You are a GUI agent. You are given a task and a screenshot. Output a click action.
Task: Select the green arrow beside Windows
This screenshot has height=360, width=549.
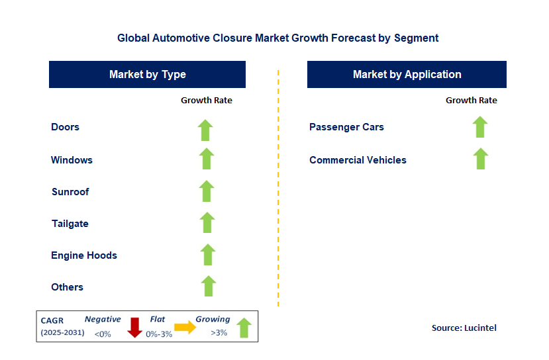click(x=207, y=159)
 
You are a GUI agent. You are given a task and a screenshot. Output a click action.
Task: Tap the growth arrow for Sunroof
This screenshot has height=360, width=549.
click(x=207, y=191)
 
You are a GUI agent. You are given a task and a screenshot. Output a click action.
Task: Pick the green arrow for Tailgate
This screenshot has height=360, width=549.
click(x=207, y=222)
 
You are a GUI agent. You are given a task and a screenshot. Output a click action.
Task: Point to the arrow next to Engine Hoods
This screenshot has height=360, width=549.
click(x=208, y=254)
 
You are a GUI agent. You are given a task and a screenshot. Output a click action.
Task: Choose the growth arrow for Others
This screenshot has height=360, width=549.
click(x=209, y=286)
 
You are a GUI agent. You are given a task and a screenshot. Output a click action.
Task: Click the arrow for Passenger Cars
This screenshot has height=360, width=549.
click(x=480, y=126)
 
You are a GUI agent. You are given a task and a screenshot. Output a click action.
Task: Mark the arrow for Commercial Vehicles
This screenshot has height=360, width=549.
click(x=481, y=159)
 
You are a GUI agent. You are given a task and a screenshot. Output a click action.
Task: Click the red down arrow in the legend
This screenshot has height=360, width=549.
click(x=135, y=328)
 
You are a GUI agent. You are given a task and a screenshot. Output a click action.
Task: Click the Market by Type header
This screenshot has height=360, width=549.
click(x=147, y=75)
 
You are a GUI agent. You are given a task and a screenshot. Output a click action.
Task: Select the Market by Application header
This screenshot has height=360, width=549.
click(x=407, y=75)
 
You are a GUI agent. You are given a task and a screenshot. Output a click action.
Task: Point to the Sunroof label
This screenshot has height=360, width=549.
click(x=70, y=192)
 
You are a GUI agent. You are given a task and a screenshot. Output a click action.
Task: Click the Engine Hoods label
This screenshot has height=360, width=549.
click(x=84, y=255)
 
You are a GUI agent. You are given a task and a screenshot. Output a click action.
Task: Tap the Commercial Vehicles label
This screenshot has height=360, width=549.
click(x=358, y=160)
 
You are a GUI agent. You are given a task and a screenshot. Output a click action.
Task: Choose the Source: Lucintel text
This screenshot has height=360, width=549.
click(x=464, y=328)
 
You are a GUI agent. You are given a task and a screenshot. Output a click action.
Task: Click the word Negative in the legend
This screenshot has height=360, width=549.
click(x=103, y=320)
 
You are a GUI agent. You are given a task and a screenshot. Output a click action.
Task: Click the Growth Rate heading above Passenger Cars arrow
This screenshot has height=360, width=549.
click(x=471, y=101)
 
